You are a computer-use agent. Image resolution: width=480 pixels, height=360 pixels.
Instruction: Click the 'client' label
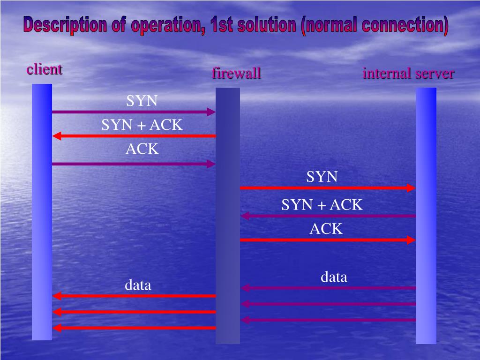pos(44,69)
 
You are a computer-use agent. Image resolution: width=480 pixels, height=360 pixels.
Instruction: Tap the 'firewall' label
pos(236,74)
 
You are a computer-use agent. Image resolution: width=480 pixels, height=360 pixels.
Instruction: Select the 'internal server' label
pos(408,74)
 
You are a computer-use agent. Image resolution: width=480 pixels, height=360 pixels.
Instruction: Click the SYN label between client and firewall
pos(142,101)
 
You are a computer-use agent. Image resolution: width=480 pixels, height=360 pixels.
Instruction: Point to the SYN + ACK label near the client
pos(142,125)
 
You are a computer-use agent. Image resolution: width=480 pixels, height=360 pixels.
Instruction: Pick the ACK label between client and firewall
pos(142,149)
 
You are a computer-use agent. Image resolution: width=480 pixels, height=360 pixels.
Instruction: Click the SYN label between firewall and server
pos(322,177)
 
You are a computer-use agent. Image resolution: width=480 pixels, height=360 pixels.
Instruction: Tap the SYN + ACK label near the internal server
pos(322,205)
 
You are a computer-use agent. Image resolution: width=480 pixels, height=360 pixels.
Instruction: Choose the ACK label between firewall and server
pos(326,229)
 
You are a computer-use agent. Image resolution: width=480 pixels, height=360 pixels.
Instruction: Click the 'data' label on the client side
pos(138,285)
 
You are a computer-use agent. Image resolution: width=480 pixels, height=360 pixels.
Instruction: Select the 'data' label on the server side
pos(334,277)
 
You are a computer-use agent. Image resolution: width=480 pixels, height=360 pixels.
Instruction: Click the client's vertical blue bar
pos(42,211)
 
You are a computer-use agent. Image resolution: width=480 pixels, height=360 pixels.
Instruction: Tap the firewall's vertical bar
pos(227,216)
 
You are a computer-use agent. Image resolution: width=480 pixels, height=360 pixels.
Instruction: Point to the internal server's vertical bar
pos(426,216)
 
